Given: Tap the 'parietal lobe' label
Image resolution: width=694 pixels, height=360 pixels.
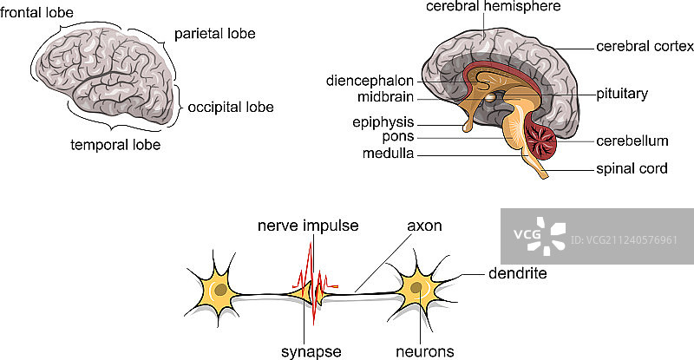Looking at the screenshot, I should pos(215,34).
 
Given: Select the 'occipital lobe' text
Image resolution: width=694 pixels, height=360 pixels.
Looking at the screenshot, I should pos(231,108).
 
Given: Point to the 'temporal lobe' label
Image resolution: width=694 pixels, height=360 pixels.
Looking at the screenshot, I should pos(115,144).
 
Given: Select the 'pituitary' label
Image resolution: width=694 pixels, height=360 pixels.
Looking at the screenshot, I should pos(622,92).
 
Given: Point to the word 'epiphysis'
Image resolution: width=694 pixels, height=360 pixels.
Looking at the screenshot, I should pos(383,121).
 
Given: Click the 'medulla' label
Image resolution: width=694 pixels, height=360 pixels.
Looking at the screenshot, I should pos(390,154).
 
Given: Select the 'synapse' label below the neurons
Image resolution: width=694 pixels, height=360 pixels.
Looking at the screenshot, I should pos(311,350).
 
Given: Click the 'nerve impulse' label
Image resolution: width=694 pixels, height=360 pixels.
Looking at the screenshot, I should pos(308,226).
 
